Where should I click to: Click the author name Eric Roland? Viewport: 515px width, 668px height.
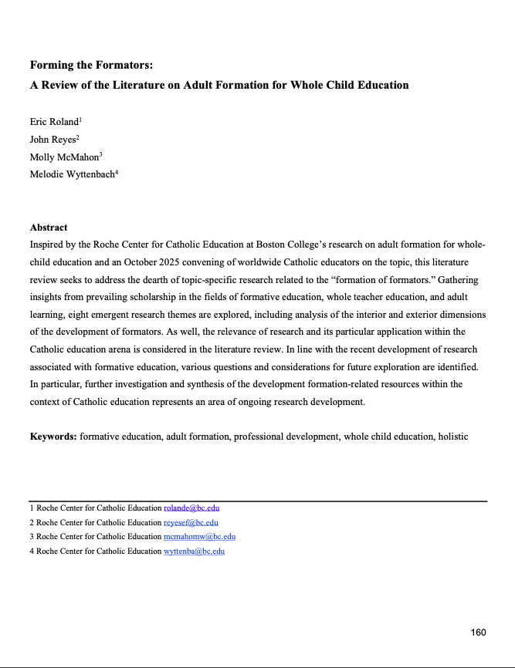(x=55, y=122)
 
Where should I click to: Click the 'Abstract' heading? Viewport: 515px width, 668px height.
(x=49, y=228)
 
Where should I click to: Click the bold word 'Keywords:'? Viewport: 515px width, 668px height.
(x=53, y=437)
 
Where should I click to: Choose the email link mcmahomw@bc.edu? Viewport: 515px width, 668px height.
(x=199, y=537)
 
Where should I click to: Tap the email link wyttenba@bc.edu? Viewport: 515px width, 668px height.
(x=194, y=552)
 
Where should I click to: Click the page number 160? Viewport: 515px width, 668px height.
(x=479, y=633)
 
